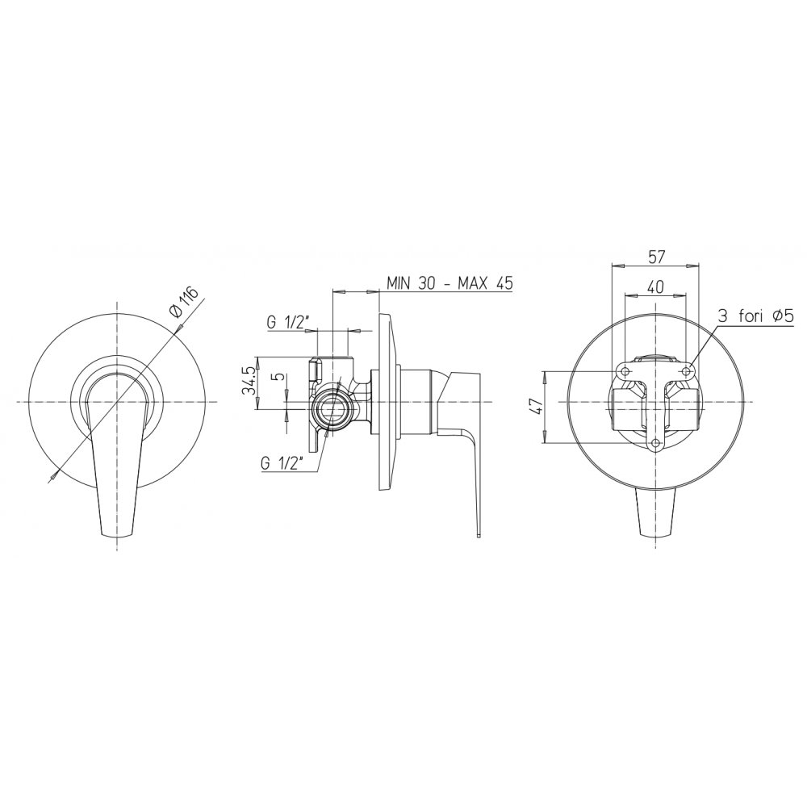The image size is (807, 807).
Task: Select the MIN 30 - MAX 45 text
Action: point(449,283)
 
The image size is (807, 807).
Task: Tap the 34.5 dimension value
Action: point(249,382)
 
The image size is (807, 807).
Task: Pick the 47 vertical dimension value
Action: point(537,406)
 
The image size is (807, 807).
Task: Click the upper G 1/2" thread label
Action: point(288,323)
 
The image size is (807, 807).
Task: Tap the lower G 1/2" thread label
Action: point(283,464)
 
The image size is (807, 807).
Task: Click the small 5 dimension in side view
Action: point(279,376)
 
